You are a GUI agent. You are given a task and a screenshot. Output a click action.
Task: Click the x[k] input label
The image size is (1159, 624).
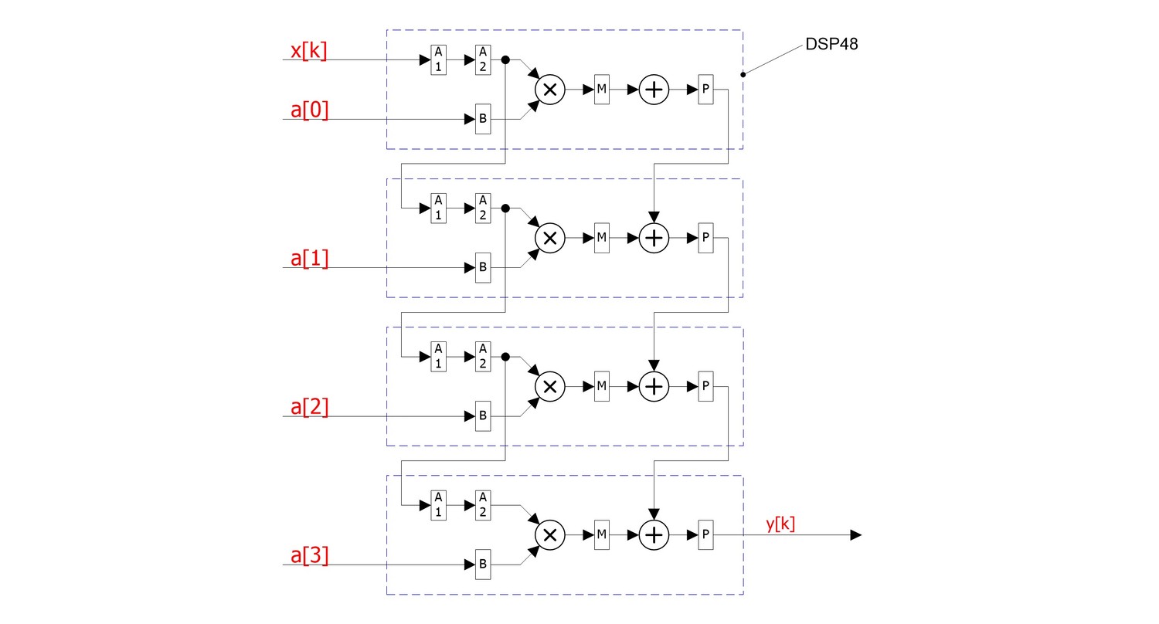[x=308, y=52]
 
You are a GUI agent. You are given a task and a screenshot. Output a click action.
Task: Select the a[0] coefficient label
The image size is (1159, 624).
[x=309, y=110]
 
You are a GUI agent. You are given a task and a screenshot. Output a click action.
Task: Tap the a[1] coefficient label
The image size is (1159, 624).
[x=309, y=259]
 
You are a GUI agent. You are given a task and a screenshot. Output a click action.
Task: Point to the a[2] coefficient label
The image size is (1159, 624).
[x=309, y=407]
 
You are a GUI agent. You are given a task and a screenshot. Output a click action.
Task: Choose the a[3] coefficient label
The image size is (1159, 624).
[x=309, y=555]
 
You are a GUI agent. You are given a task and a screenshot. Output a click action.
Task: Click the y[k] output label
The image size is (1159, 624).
[x=780, y=524]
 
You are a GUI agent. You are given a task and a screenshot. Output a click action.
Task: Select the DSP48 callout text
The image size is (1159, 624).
[x=831, y=44]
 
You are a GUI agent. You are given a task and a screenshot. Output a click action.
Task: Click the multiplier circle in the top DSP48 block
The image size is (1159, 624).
[x=550, y=90]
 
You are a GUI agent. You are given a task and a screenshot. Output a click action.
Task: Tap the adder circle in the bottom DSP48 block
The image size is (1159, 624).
[x=654, y=534]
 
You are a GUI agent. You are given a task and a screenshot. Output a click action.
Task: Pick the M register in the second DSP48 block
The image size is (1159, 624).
[x=602, y=238]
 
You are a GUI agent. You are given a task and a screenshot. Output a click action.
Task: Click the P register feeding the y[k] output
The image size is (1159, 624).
[x=705, y=534]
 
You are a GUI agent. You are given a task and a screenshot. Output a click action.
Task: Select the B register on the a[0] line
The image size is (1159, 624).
[x=483, y=119]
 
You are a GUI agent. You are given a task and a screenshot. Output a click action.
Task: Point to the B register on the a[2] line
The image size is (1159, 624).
[x=483, y=415]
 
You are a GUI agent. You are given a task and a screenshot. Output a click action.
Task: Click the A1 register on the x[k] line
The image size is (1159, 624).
[x=438, y=59]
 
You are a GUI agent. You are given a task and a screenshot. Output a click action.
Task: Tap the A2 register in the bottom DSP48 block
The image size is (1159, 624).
[x=483, y=505]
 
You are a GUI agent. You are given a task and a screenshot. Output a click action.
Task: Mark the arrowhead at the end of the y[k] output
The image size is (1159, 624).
[x=855, y=534]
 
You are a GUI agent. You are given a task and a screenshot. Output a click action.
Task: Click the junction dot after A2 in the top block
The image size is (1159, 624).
[x=505, y=59]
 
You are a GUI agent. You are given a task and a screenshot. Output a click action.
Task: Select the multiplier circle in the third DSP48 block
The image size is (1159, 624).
[x=550, y=386]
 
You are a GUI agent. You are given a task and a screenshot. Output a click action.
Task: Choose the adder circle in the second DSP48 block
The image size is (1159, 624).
[x=654, y=238]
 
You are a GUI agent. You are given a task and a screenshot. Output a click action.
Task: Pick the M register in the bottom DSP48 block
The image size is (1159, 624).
[x=602, y=534]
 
